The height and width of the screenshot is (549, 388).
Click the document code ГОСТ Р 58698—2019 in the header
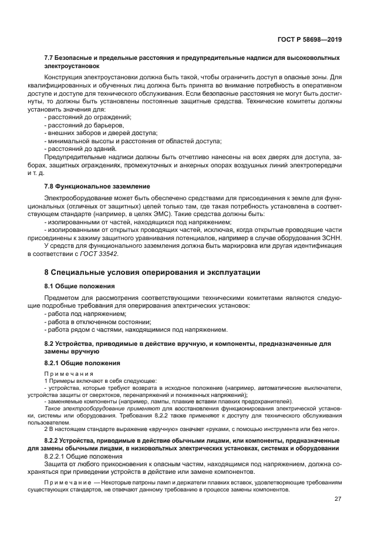(310, 39)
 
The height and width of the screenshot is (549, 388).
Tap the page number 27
(338, 499)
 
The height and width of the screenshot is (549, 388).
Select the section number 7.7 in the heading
(50, 59)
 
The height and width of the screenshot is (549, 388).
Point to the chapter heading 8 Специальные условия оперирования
(152, 272)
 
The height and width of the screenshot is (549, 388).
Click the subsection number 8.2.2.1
(58, 456)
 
